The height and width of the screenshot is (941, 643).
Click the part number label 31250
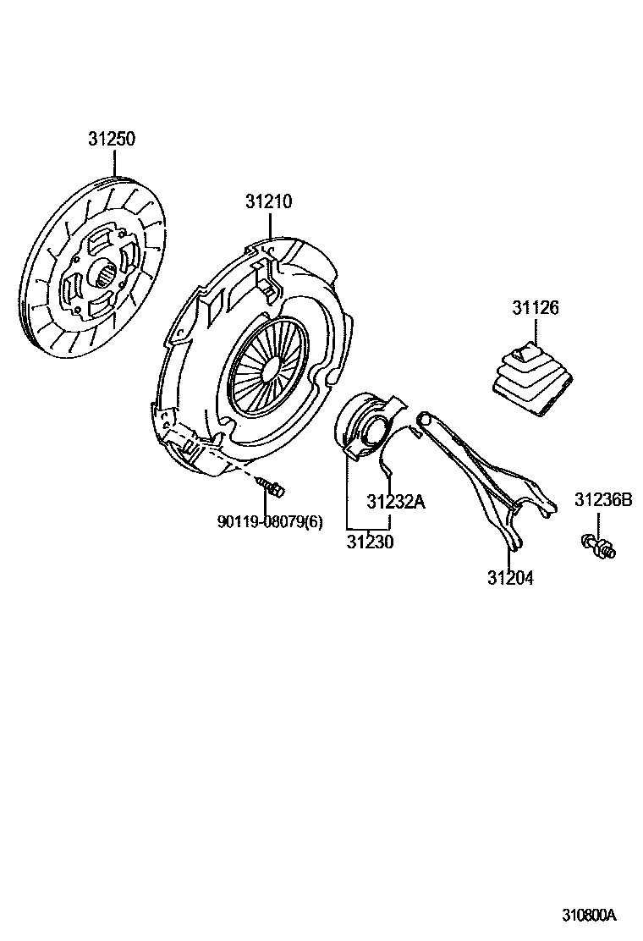113,139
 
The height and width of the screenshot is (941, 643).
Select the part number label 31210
269,202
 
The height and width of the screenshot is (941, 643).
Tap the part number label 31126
535,308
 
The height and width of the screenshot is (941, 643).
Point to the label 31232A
395,502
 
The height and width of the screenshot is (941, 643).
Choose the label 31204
510,578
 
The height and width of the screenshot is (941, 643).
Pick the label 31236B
603,499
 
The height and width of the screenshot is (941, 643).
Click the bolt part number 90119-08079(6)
270,522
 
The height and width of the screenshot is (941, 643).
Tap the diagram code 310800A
590,916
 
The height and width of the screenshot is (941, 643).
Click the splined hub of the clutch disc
102,275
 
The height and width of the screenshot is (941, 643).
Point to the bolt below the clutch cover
271,487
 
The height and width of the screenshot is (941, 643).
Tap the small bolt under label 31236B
599,548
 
